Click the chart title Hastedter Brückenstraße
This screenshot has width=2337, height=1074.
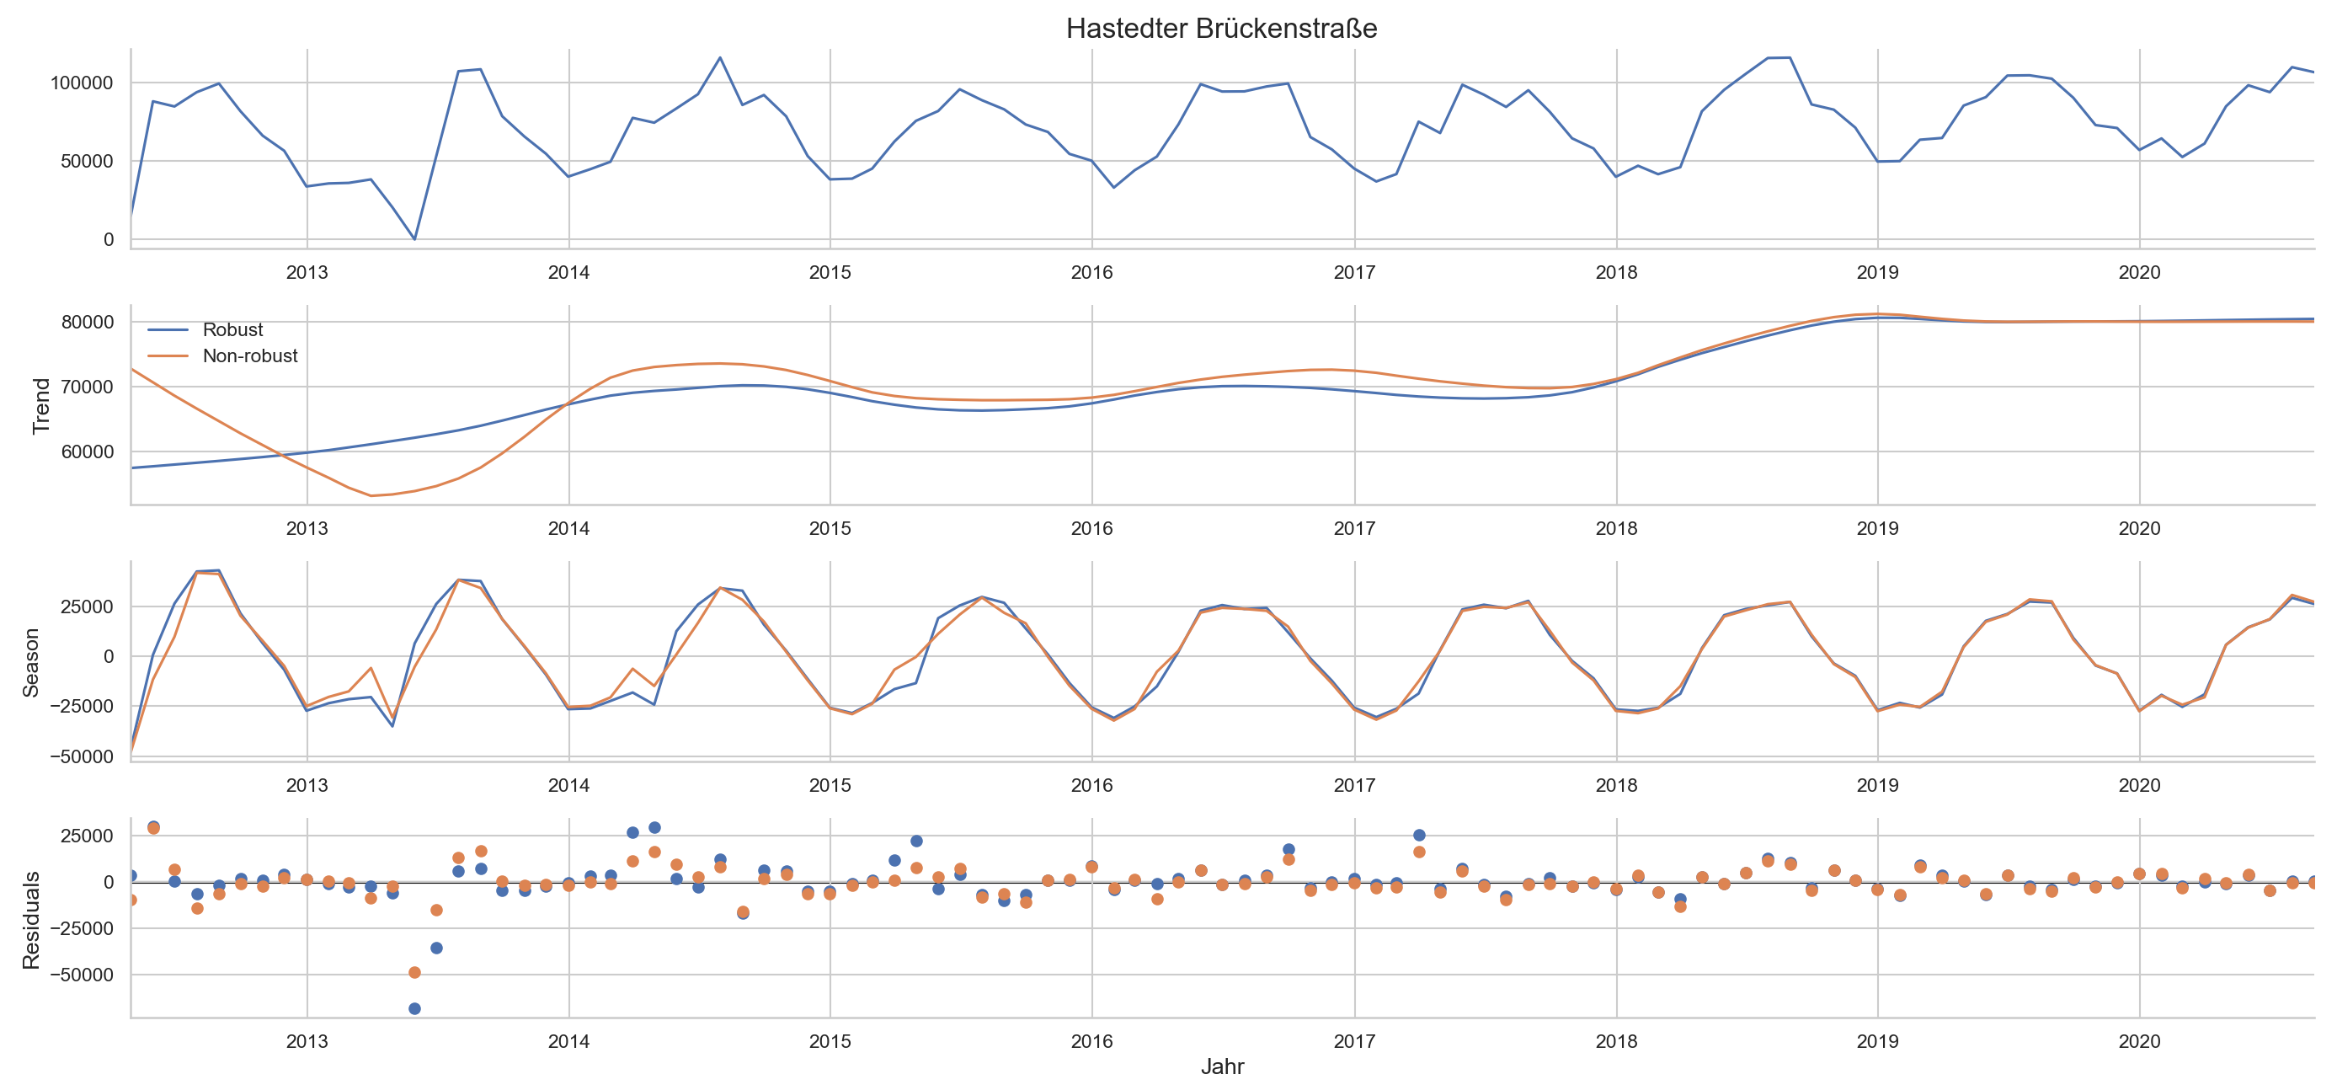pos(1221,28)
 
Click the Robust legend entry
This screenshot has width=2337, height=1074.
pos(232,329)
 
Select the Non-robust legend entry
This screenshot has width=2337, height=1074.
pos(249,355)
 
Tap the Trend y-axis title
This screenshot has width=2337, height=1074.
pos(40,405)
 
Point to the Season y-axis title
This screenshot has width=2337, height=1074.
pos(31,662)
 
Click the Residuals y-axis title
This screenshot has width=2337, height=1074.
pos(31,919)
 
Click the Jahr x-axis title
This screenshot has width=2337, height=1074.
pos(1221,1065)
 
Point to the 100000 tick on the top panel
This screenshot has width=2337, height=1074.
pos(82,83)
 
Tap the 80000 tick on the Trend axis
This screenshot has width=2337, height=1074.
pos(87,322)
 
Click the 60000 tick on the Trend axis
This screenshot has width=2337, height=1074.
pos(87,452)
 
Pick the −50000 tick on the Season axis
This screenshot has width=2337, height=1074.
pos(80,756)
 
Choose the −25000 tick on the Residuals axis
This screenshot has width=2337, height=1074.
pos(80,928)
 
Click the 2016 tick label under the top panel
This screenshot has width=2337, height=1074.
pos(1091,272)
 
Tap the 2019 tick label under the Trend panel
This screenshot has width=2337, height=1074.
pos(1877,528)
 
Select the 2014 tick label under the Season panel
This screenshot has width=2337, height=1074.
pos(568,784)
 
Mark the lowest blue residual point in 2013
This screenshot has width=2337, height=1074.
pos(414,1008)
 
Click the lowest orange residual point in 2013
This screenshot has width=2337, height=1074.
pos(414,972)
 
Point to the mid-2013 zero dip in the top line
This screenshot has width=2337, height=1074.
pos(414,238)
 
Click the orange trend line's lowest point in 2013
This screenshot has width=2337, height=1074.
pos(371,495)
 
